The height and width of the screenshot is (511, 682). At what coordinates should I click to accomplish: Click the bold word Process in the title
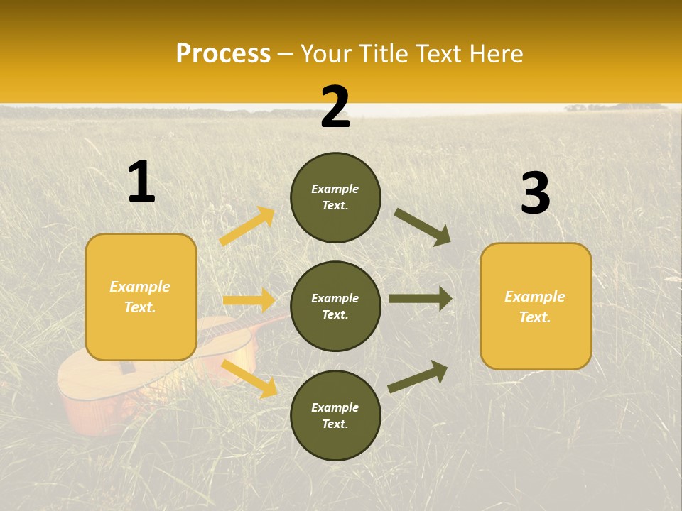(223, 53)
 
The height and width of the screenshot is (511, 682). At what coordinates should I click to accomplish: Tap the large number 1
(141, 182)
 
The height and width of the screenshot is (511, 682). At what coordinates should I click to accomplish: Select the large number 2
(335, 107)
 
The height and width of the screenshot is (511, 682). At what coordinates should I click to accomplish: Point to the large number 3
(535, 194)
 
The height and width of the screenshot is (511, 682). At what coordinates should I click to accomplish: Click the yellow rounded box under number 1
(141, 297)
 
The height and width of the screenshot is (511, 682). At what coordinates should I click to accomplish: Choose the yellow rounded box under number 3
(536, 306)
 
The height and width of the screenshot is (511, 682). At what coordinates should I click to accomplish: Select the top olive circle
(335, 197)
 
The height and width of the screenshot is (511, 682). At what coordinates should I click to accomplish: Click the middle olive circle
(335, 306)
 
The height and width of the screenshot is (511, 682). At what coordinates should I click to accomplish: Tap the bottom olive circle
(335, 415)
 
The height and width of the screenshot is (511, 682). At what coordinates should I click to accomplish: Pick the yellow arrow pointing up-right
(247, 226)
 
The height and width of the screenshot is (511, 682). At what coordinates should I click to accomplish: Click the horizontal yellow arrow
(249, 300)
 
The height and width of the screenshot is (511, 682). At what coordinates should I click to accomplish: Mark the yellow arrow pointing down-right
(249, 378)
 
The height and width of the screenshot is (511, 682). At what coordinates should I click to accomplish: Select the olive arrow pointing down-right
(423, 226)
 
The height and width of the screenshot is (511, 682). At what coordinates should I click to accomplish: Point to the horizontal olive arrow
(421, 299)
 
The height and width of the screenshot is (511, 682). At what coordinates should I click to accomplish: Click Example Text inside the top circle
(335, 197)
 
